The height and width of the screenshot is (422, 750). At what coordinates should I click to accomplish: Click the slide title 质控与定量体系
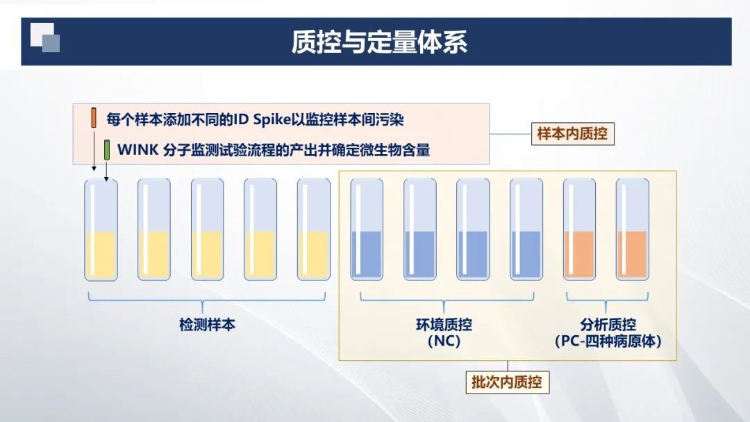[x=379, y=42]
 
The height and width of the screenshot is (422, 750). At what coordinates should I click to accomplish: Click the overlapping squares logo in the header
[x=45, y=37]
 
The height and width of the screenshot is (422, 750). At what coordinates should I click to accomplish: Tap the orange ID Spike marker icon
[x=94, y=117]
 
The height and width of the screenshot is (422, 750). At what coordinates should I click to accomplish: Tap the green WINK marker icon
[x=107, y=150]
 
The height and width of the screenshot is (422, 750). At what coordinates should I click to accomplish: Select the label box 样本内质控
[x=572, y=133]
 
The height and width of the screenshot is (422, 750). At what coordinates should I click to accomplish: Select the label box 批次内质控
[x=507, y=382]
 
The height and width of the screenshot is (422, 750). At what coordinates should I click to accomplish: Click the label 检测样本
[x=207, y=325]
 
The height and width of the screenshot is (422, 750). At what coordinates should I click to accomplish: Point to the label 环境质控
[x=444, y=325]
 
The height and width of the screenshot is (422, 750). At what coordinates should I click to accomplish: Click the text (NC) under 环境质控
[x=444, y=341]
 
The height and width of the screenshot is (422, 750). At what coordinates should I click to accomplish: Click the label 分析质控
[x=608, y=325]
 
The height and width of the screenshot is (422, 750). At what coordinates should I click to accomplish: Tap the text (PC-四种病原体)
[x=608, y=341]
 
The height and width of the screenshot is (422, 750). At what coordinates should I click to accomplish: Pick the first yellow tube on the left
[x=101, y=230]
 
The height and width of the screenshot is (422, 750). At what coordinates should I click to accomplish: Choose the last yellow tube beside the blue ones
[x=314, y=230]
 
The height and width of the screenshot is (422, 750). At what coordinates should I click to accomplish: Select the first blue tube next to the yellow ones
[x=367, y=230]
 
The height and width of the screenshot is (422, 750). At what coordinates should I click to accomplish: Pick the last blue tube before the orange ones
[x=526, y=230]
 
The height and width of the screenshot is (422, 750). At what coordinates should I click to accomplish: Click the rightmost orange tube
[x=633, y=230]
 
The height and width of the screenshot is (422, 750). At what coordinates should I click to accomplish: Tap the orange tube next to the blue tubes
[x=579, y=230]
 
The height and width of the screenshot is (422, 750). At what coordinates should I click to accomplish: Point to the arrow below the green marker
[x=106, y=171]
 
